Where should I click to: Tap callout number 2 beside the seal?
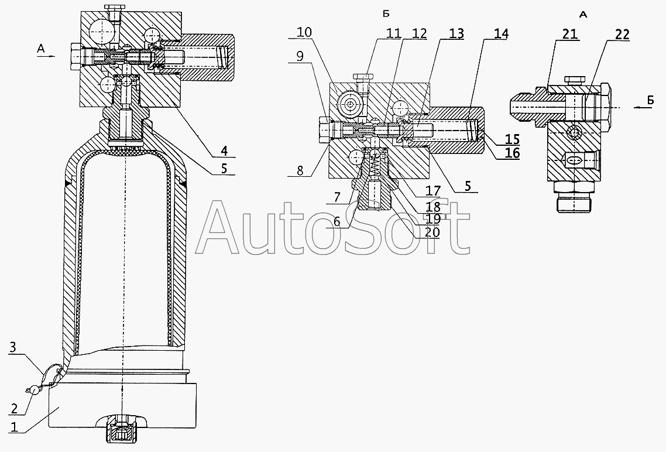[x=15, y=409]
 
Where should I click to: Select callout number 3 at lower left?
[x=13, y=347]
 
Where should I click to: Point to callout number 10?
[x=304, y=32]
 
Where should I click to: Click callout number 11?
[x=394, y=33]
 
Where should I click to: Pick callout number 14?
[x=501, y=34]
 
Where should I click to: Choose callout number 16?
[x=513, y=153]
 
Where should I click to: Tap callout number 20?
[x=432, y=232]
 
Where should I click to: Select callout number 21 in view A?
[x=569, y=34]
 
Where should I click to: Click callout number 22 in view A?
[x=622, y=35]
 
